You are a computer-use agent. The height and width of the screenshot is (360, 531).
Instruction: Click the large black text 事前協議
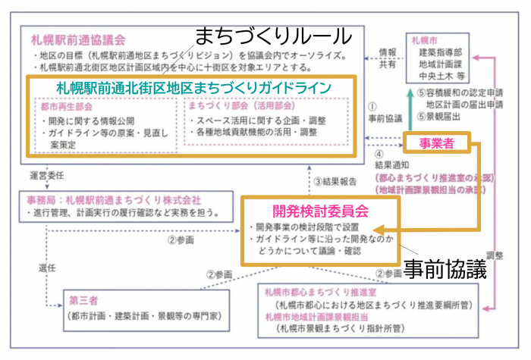coord(444,270)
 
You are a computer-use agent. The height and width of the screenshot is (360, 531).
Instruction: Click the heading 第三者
coord(83,299)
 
